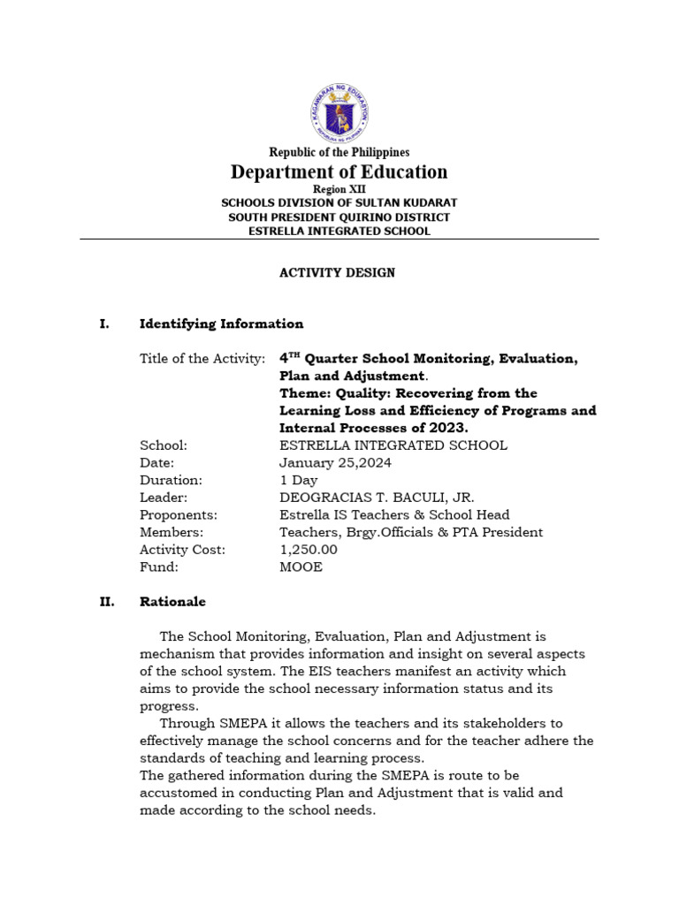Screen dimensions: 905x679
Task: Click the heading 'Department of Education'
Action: [339, 171]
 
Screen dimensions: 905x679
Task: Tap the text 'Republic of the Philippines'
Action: [339, 152]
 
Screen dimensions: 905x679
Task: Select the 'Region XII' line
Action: [339, 189]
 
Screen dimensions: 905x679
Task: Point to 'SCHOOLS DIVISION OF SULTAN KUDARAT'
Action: [339, 203]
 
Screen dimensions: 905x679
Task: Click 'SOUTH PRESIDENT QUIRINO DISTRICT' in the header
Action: [339, 217]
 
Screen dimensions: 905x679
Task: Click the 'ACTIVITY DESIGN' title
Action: [338, 272]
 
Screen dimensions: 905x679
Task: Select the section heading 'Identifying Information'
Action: [221, 324]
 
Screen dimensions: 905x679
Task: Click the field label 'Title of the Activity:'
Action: [202, 359]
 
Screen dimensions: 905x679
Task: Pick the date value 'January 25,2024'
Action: [335, 463]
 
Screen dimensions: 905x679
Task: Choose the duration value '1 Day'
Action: [298, 481]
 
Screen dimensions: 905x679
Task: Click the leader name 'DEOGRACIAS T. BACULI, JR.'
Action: [370, 498]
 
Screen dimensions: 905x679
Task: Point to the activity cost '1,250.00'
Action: [309, 550]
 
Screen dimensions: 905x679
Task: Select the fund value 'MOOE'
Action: [301, 567]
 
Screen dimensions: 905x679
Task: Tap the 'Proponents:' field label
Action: [179, 515]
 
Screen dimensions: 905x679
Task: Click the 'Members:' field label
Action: [172, 533]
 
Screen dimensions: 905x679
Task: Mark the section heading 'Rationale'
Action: [172, 602]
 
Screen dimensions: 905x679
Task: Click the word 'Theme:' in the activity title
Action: [302, 393]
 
